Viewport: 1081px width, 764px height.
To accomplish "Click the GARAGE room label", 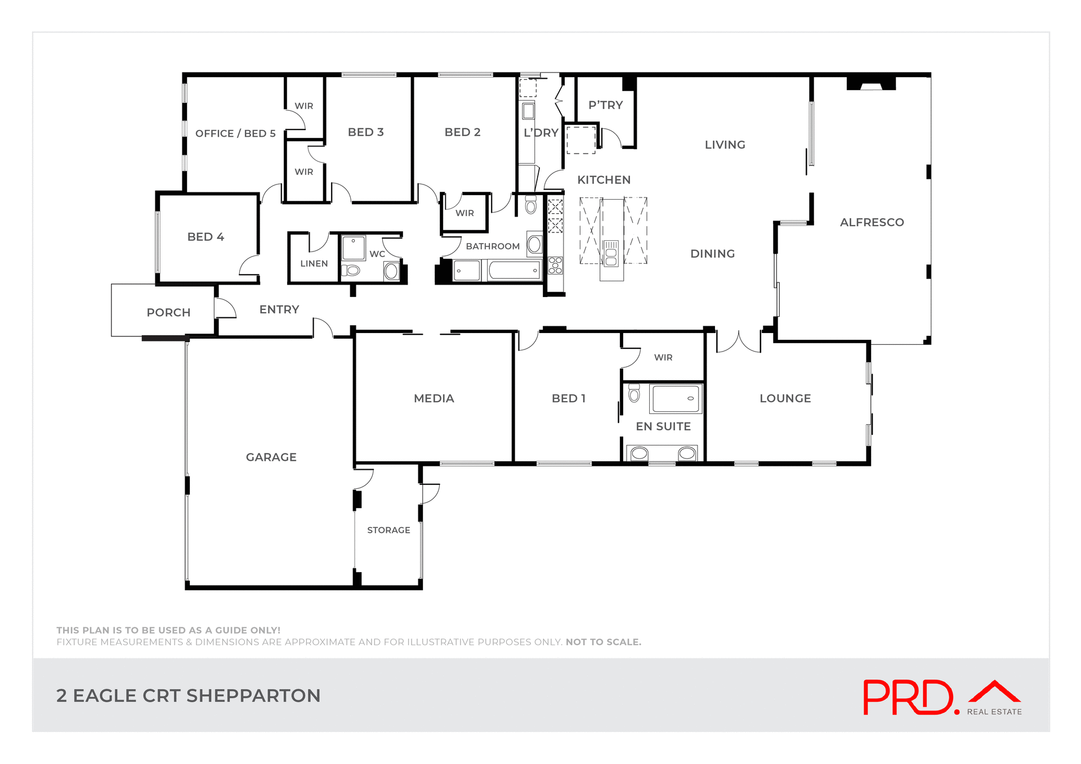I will pos(271,457).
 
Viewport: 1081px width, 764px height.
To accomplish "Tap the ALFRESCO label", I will pos(872,222).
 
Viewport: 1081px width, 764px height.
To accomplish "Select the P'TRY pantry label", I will pos(605,105).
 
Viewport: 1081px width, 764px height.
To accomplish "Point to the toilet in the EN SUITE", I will pos(634,393).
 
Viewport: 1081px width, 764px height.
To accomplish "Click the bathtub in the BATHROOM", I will pos(514,270).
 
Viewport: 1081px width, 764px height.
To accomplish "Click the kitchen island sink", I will pos(611,253).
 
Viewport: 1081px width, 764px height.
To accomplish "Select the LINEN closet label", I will pos(314,263).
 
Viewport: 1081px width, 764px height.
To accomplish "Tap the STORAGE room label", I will pos(388,530).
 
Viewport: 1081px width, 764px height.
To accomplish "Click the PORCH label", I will pos(168,312).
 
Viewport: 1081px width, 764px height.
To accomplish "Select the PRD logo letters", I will pos(908,698).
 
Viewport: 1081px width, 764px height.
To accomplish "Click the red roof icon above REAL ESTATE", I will pos(994,691).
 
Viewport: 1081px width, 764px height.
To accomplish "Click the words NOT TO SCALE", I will pos(603,642).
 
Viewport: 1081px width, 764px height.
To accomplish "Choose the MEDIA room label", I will pos(434,398).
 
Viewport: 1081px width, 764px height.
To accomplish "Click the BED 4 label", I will pos(206,237).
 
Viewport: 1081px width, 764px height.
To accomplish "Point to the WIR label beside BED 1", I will pos(663,357).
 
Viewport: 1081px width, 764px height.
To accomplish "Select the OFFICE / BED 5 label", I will pos(235,133).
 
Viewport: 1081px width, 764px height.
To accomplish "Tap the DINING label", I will pos(712,254).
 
